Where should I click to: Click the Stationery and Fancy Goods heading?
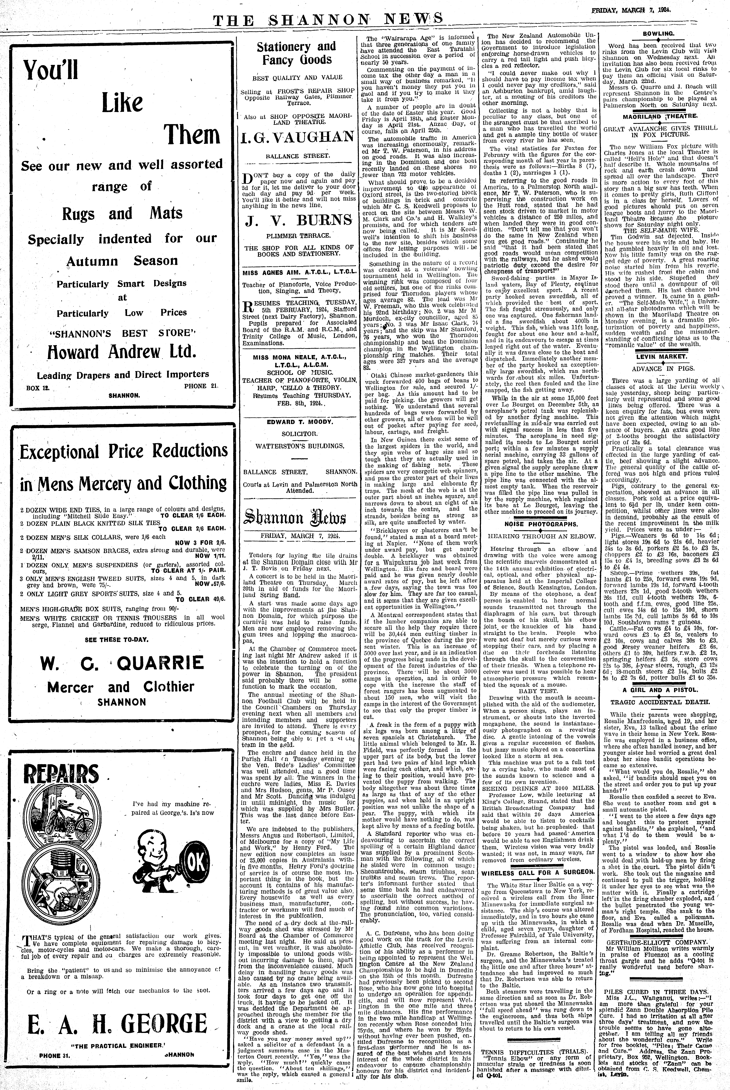pyautogui.click(x=297, y=53)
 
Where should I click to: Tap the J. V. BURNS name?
pyautogui.click(x=297, y=219)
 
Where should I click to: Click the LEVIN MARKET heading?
pyautogui.click(x=658, y=356)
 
